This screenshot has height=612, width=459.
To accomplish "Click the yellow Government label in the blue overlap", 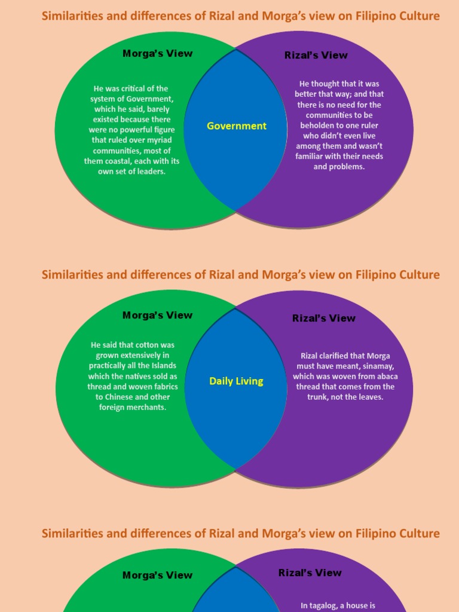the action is (237, 126).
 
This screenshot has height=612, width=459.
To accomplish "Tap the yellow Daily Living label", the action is (236, 381).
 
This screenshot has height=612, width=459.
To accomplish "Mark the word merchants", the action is (146, 407).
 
